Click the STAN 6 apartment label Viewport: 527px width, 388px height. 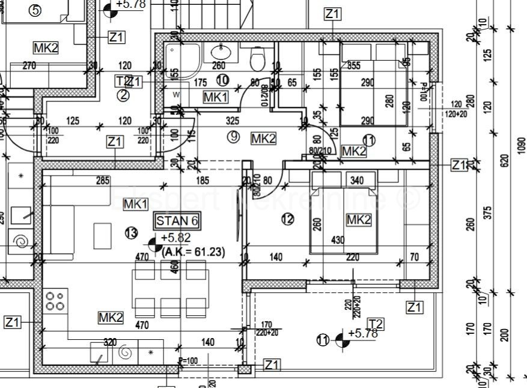click(x=177, y=221)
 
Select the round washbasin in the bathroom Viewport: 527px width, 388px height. click(x=219, y=51)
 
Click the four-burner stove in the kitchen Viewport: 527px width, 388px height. click(x=55, y=301)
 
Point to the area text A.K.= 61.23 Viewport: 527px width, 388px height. click(x=193, y=253)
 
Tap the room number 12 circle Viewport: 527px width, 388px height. click(x=288, y=220)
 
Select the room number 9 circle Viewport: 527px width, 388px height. click(x=234, y=137)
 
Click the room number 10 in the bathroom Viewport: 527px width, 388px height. click(x=222, y=79)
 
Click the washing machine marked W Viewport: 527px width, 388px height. click(x=177, y=94)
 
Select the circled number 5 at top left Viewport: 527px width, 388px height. click(x=35, y=10)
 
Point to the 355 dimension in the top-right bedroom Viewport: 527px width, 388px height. click(x=354, y=66)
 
